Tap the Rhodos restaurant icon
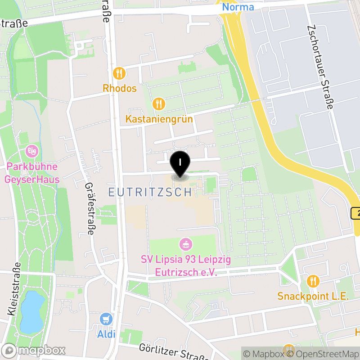pyautogui.click(x=119, y=72)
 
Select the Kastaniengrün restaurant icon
pyautogui.click(x=158, y=104)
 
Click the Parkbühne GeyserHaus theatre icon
pyautogui.click(x=32, y=150)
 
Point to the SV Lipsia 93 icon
pyautogui.click(x=185, y=245)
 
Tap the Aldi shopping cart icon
pyautogui.click(x=106, y=319)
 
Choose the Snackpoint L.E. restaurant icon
pyautogui.click(x=313, y=281)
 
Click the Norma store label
pyautogui.click(x=238, y=7)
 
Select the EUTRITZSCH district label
pyautogui.click(x=150, y=192)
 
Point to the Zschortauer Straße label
pyautogui.click(x=320, y=67)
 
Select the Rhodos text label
pyautogui.click(x=119, y=88)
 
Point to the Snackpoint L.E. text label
pyautogui.click(x=313, y=297)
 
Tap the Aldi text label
pyautogui.click(x=106, y=334)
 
